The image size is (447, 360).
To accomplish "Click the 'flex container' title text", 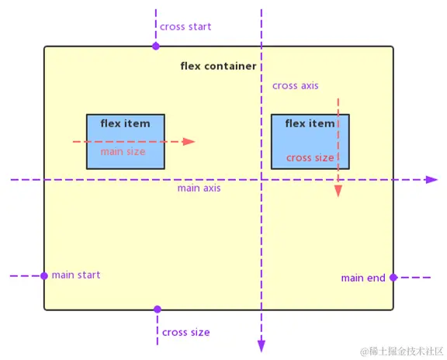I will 218,66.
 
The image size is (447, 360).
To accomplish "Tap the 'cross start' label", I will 185,26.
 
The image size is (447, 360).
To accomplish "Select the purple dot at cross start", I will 156,47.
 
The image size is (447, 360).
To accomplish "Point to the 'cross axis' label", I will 295,85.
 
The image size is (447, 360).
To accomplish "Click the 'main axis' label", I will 199,189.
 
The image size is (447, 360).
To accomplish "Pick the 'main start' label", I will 76,275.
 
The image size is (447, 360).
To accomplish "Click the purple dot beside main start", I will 44,276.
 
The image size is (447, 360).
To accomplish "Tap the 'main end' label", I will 363,278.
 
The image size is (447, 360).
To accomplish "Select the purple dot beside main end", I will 393,277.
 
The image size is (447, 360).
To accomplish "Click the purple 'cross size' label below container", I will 186,332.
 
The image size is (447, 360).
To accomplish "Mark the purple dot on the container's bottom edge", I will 158,310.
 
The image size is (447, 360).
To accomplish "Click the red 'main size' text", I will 123,152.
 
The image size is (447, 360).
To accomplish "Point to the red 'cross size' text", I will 310,157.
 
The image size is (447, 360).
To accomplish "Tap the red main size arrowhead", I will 189,142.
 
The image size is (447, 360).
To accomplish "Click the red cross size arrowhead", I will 338,191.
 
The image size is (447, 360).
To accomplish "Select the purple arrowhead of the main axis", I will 432,179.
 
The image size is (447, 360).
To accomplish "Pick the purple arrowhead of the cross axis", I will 262,347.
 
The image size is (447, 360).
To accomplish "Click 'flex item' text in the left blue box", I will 125,123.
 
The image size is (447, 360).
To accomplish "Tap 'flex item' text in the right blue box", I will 310,123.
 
